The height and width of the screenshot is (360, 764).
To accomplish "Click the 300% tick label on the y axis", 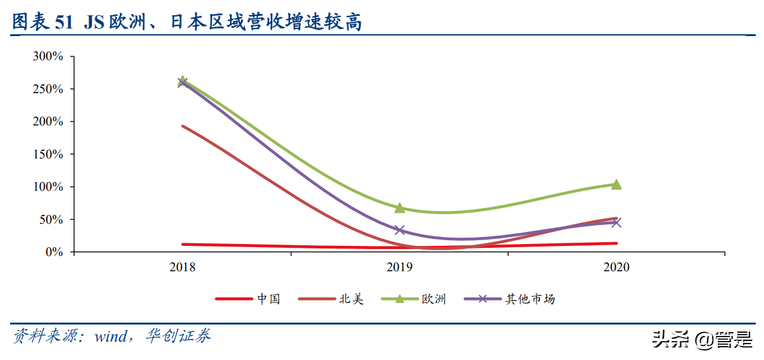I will click(48, 56).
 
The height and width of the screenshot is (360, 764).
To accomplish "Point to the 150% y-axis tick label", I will click(48, 154).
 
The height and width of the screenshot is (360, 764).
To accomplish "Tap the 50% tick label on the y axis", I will click(51, 219).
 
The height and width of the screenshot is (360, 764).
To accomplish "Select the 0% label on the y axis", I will click(54, 252).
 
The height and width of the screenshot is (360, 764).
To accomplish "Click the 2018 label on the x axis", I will click(182, 267).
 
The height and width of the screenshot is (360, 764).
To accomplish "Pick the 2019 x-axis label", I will click(400, 267).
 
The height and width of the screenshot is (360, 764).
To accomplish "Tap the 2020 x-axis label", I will click(616, 267).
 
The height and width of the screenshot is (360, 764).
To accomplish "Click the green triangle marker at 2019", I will click(400, 208).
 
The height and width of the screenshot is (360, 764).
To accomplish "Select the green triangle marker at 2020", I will click(616, 184).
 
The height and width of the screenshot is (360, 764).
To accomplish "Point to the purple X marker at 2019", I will click(400, 230).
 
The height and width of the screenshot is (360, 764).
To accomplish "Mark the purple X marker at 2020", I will click(616, 222).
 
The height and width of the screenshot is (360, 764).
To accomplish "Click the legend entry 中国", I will click(268, 299).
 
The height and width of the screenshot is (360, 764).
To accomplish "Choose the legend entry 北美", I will click(351, 299).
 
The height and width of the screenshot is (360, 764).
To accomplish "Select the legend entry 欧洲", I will click(434, 299).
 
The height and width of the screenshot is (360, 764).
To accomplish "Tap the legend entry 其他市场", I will click(530, 299).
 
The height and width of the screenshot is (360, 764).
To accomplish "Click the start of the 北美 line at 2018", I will click(182, 126).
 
